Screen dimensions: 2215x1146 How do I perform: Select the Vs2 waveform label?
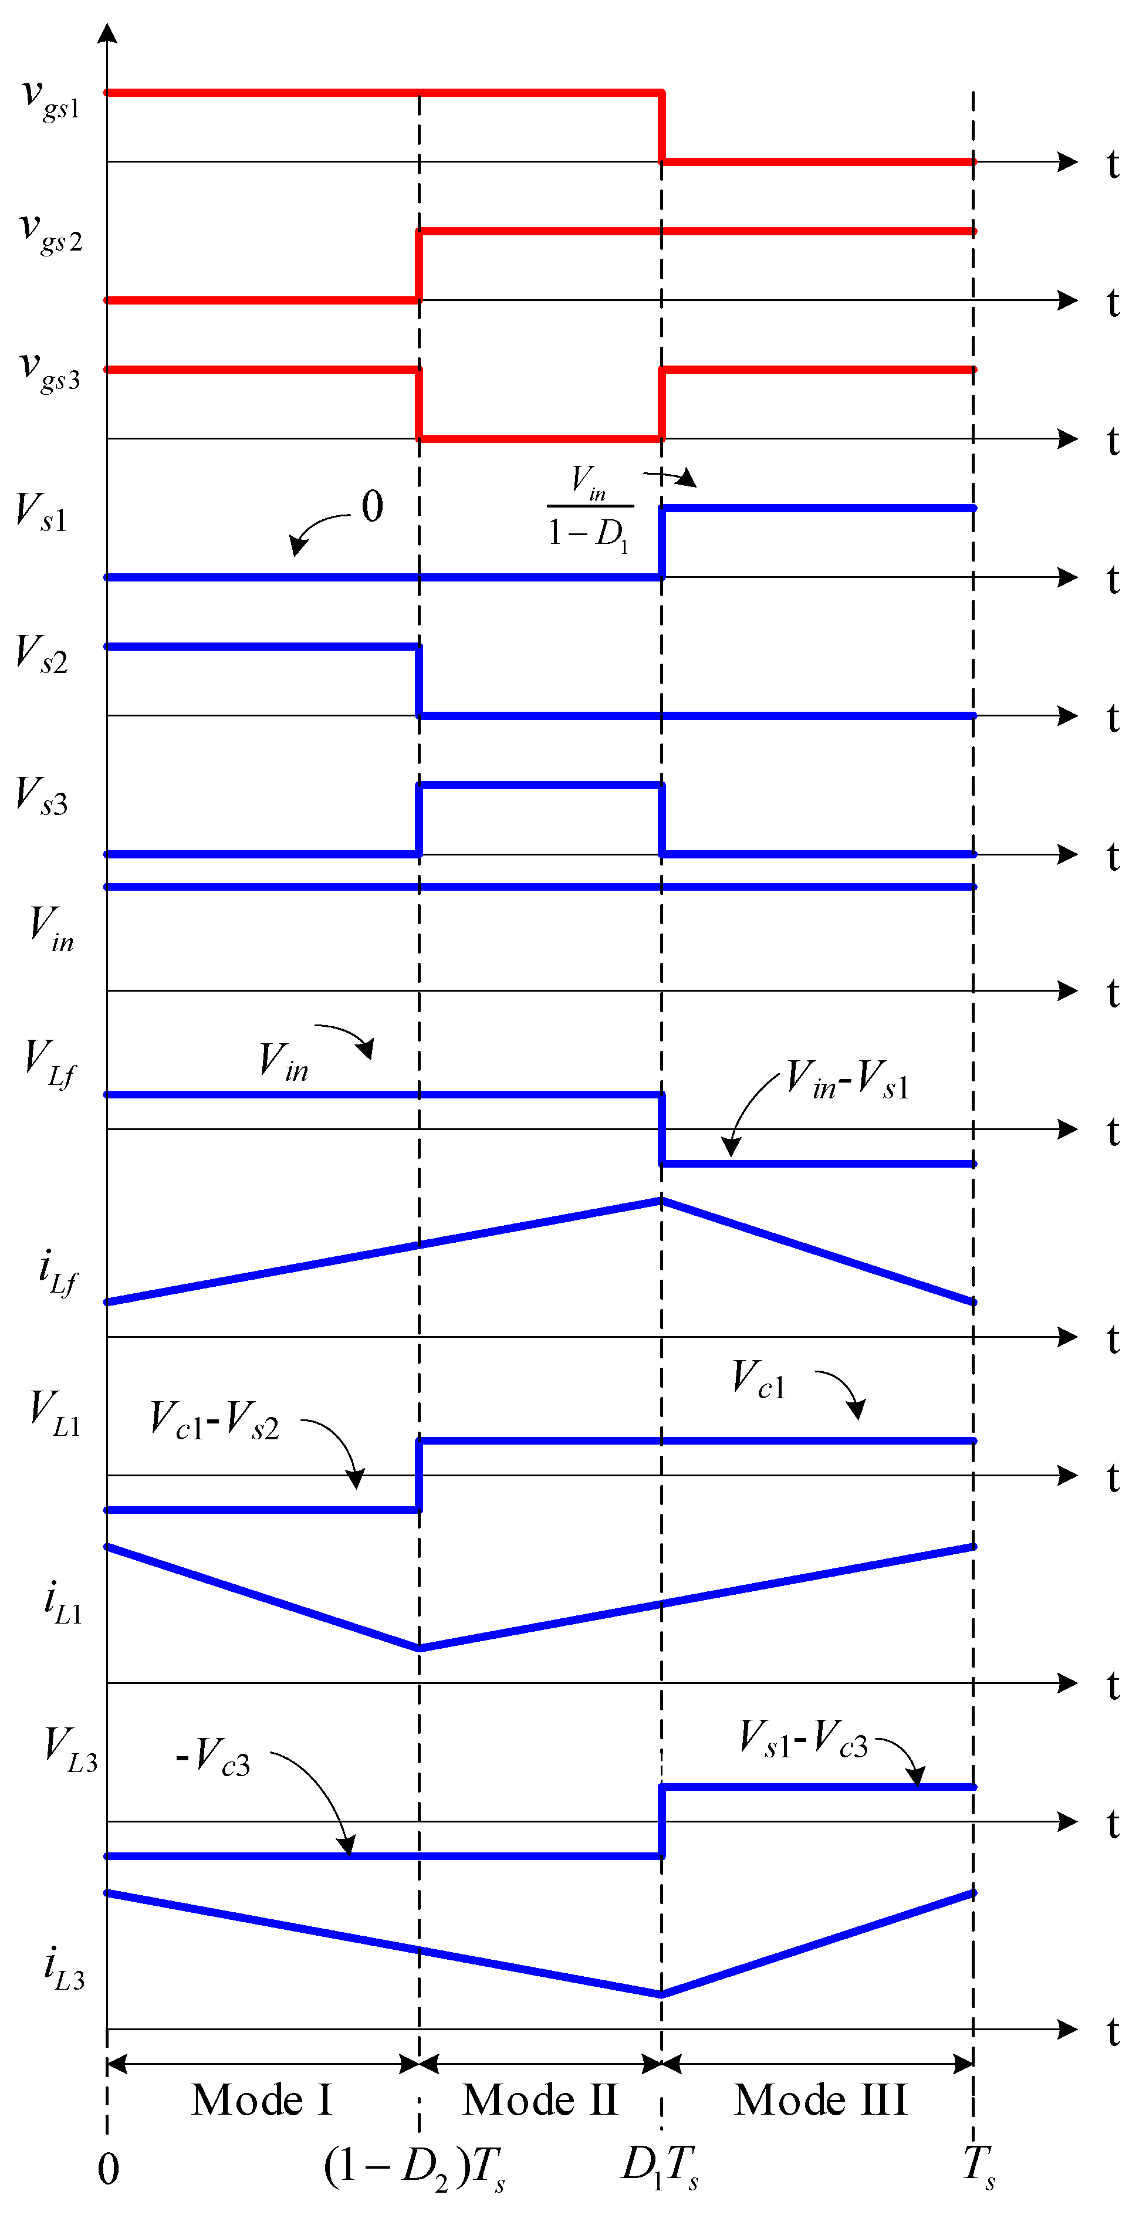click(41, 655)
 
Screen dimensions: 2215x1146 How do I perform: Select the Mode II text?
click(540, 2101)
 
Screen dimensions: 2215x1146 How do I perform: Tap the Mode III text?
click(821, 2101)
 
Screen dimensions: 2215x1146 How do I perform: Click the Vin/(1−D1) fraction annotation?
click(590, 508)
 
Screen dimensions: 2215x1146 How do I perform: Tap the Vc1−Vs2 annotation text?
click(214, 1421)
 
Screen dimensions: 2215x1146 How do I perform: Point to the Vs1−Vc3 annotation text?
click(804, 1738)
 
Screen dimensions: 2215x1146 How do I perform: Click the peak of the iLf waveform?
click(661, 1199)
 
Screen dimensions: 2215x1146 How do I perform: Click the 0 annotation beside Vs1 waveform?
click(372, 506)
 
